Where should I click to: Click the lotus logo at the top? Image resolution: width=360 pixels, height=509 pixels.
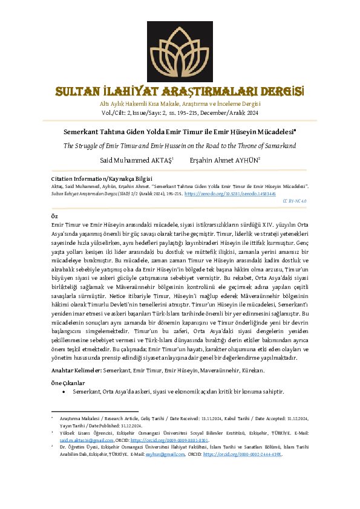pos(180,52)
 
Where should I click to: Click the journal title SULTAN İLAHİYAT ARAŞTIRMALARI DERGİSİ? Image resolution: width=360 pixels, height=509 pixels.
pos(180,92)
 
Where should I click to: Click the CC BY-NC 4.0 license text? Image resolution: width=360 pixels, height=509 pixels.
pos(294,200)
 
